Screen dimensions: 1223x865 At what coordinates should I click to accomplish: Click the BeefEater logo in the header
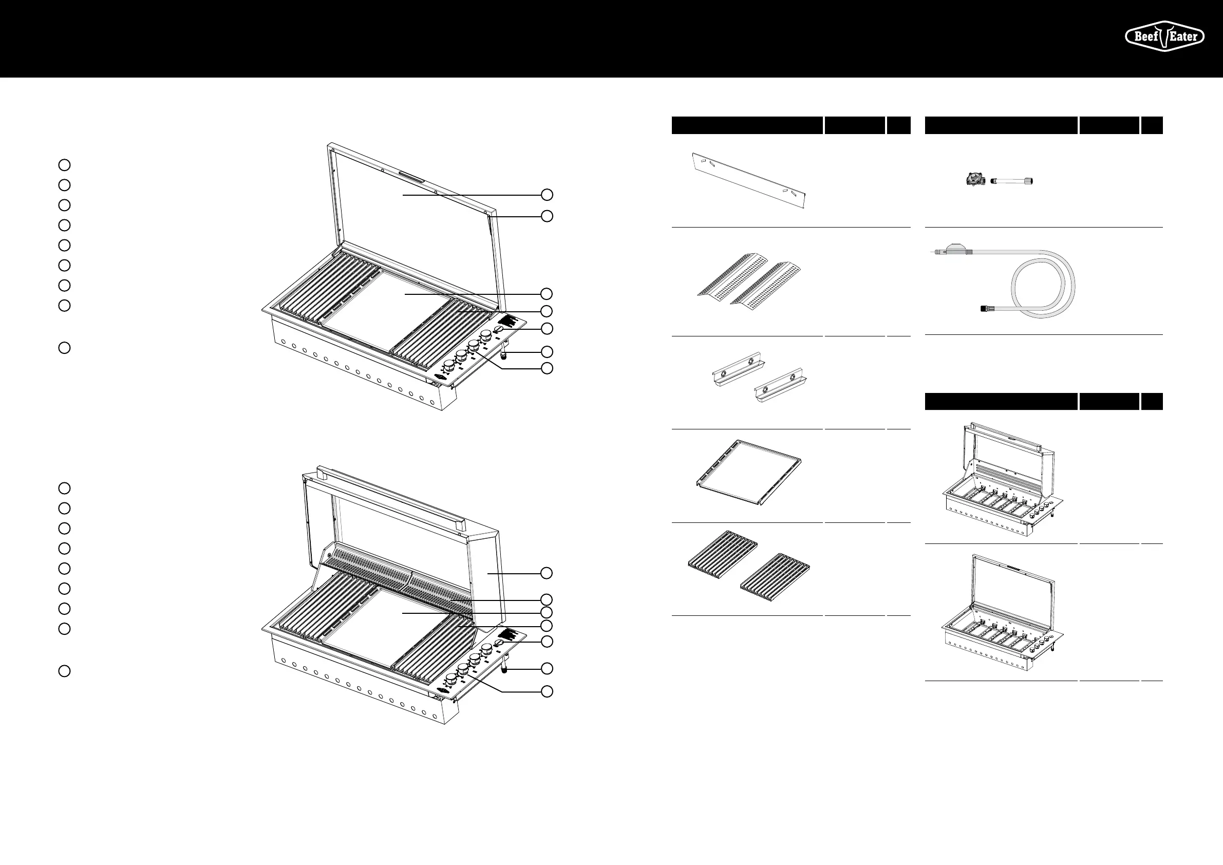click(1164, 36)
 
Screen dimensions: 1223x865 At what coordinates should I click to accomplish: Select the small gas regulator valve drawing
click(975, 179)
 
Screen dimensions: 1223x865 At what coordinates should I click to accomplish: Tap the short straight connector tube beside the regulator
click(1011, 182)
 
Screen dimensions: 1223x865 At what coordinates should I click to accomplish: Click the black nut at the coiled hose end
click(985, 308)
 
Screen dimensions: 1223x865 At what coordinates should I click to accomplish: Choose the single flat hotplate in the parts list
click(749, 473)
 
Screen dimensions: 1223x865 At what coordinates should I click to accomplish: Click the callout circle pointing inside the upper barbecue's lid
click(547, 195)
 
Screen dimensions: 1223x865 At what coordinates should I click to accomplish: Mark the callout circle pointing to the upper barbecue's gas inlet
click(547, 351)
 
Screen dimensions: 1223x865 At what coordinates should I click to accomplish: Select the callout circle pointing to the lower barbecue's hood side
click(547, 573)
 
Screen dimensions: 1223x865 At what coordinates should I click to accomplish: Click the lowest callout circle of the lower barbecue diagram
click(547, 691)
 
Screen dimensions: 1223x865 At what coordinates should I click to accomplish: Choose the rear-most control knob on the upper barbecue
click(486, 336)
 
